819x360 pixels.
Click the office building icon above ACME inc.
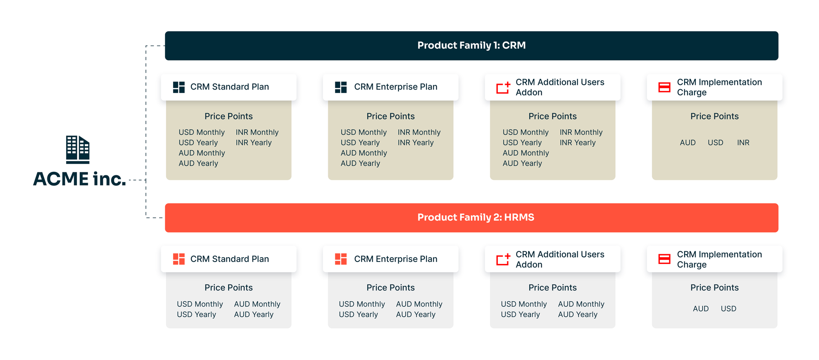(x=78, y=150)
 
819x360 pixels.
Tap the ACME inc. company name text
(x=80, y=179)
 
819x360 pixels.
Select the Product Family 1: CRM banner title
(x=471, y=45)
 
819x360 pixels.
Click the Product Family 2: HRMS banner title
(x=476, y=218)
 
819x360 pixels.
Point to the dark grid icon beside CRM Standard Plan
(x=179, y=87)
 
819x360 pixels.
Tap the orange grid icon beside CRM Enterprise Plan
(x=341, y=259)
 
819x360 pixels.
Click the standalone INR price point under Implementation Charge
(x=743, y=143)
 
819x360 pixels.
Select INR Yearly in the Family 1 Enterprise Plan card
(x=415, y=143)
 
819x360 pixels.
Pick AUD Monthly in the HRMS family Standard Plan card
(x=257, y=304)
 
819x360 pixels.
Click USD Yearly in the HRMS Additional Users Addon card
(x=520, y=314)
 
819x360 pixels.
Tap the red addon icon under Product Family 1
(x=503, y=87)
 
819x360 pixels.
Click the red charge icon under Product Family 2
(x=665, y=259)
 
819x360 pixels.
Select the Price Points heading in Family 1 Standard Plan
(x=229, y=116)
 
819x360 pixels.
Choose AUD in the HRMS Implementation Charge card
(x=701, y=309)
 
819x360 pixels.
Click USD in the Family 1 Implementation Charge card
(x=715, y=143)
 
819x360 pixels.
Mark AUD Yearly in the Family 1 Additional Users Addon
(x=522, y=163)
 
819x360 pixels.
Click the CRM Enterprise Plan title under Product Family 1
(x=396, y=87)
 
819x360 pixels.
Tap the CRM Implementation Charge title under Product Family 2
(x=720, y=259)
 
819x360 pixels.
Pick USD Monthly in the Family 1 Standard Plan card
(x=202, y=133)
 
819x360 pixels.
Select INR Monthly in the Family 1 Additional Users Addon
(x=581, y=133)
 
